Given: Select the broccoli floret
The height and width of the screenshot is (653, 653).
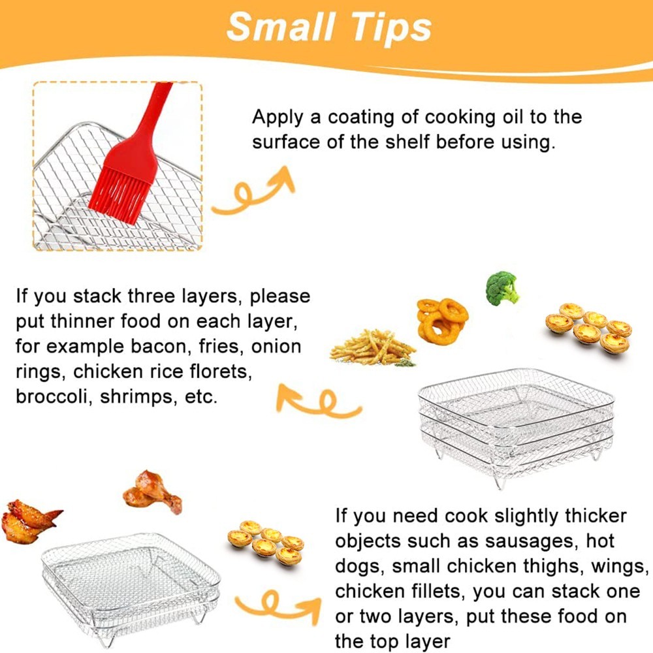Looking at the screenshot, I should (x=502, y=288).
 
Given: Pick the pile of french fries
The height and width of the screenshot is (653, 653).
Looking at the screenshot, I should (x=372, y=347).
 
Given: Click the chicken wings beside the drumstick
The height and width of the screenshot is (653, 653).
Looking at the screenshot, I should (x=29, y=519).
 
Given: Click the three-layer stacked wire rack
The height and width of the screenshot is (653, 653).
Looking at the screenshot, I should (x=516, y=424).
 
